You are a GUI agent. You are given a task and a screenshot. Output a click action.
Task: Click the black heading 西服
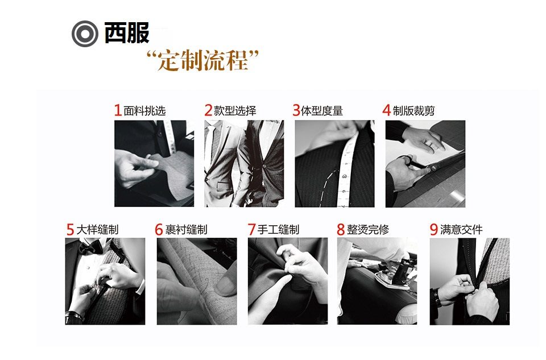(x=126, y=34)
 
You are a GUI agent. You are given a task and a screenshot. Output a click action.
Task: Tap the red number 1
(x=118, y=111)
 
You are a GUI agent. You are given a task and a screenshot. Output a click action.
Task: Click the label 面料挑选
(x=144, y=111)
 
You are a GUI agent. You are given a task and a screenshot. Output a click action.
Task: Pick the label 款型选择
(x=235, y=111)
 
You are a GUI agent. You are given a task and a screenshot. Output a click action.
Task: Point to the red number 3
(x=296, y=111)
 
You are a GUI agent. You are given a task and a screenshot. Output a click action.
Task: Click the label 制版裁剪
(x=413, y=111)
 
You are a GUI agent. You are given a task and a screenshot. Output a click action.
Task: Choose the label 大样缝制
(x=97, y=230)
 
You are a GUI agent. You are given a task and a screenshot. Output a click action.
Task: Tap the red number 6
(x=159, y=230)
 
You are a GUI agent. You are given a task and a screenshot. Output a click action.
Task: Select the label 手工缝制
(x=278, y=230)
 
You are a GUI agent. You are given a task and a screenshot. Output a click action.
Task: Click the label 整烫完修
(x=368, y=230)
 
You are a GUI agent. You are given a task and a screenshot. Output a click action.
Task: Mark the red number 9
(x=434, y=230)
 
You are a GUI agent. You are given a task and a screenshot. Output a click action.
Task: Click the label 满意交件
(x=461, y=230)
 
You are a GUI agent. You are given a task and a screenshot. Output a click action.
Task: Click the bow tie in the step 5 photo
(x=86, y=249)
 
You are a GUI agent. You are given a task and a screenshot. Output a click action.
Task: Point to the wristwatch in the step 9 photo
(x=437, y=297)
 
